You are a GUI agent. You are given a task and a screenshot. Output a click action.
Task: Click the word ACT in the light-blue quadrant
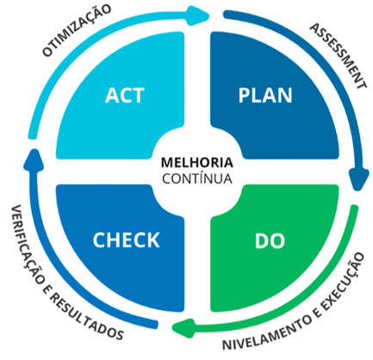point(124,96)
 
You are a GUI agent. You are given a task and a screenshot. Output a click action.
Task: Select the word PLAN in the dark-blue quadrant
point(265,96)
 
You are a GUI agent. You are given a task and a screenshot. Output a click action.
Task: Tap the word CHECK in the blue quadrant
point(126,240)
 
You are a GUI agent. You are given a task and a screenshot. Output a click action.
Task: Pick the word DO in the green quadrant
point(270,240)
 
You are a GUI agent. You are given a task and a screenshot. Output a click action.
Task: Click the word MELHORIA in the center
point(197,163)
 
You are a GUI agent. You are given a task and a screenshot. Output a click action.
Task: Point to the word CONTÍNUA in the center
point(197,178)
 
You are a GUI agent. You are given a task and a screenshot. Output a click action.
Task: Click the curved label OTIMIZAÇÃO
point(77,30)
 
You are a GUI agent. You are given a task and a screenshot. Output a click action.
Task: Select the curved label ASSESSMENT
point(339,56)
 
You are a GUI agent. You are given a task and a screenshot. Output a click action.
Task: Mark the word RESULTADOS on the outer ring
point(86,317)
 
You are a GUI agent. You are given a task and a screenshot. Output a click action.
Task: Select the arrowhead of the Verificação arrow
point(34,159)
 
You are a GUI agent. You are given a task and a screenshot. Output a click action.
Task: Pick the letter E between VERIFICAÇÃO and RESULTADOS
point(47,289)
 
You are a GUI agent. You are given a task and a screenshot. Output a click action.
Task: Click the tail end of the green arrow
point(355,207)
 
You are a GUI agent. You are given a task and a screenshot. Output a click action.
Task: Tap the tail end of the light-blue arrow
point(33,137)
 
